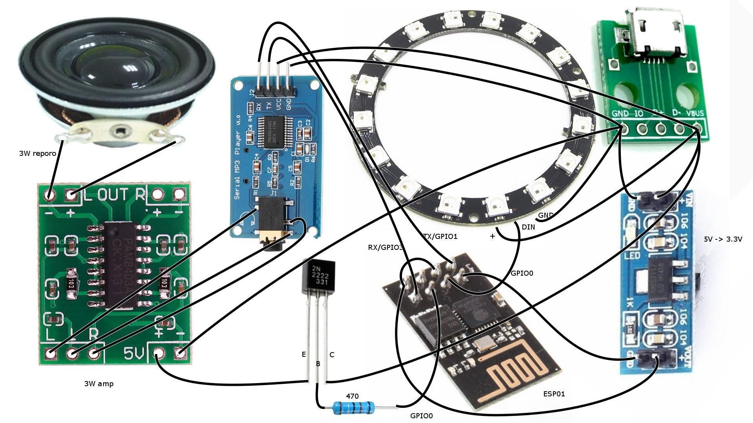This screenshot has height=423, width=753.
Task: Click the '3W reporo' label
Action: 38,154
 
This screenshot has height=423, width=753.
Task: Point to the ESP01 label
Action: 554,394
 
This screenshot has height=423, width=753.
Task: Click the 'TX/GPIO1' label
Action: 440,237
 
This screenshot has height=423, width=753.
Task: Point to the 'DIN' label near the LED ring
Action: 528,227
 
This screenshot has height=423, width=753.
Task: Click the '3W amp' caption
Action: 99,384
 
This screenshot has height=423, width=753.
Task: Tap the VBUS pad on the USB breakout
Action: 697,128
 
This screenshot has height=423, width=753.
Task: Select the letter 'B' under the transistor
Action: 318,364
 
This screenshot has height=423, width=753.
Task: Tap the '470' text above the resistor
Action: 352,396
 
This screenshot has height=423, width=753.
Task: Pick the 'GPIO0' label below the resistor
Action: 421,416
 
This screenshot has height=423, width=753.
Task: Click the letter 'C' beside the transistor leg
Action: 332,355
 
